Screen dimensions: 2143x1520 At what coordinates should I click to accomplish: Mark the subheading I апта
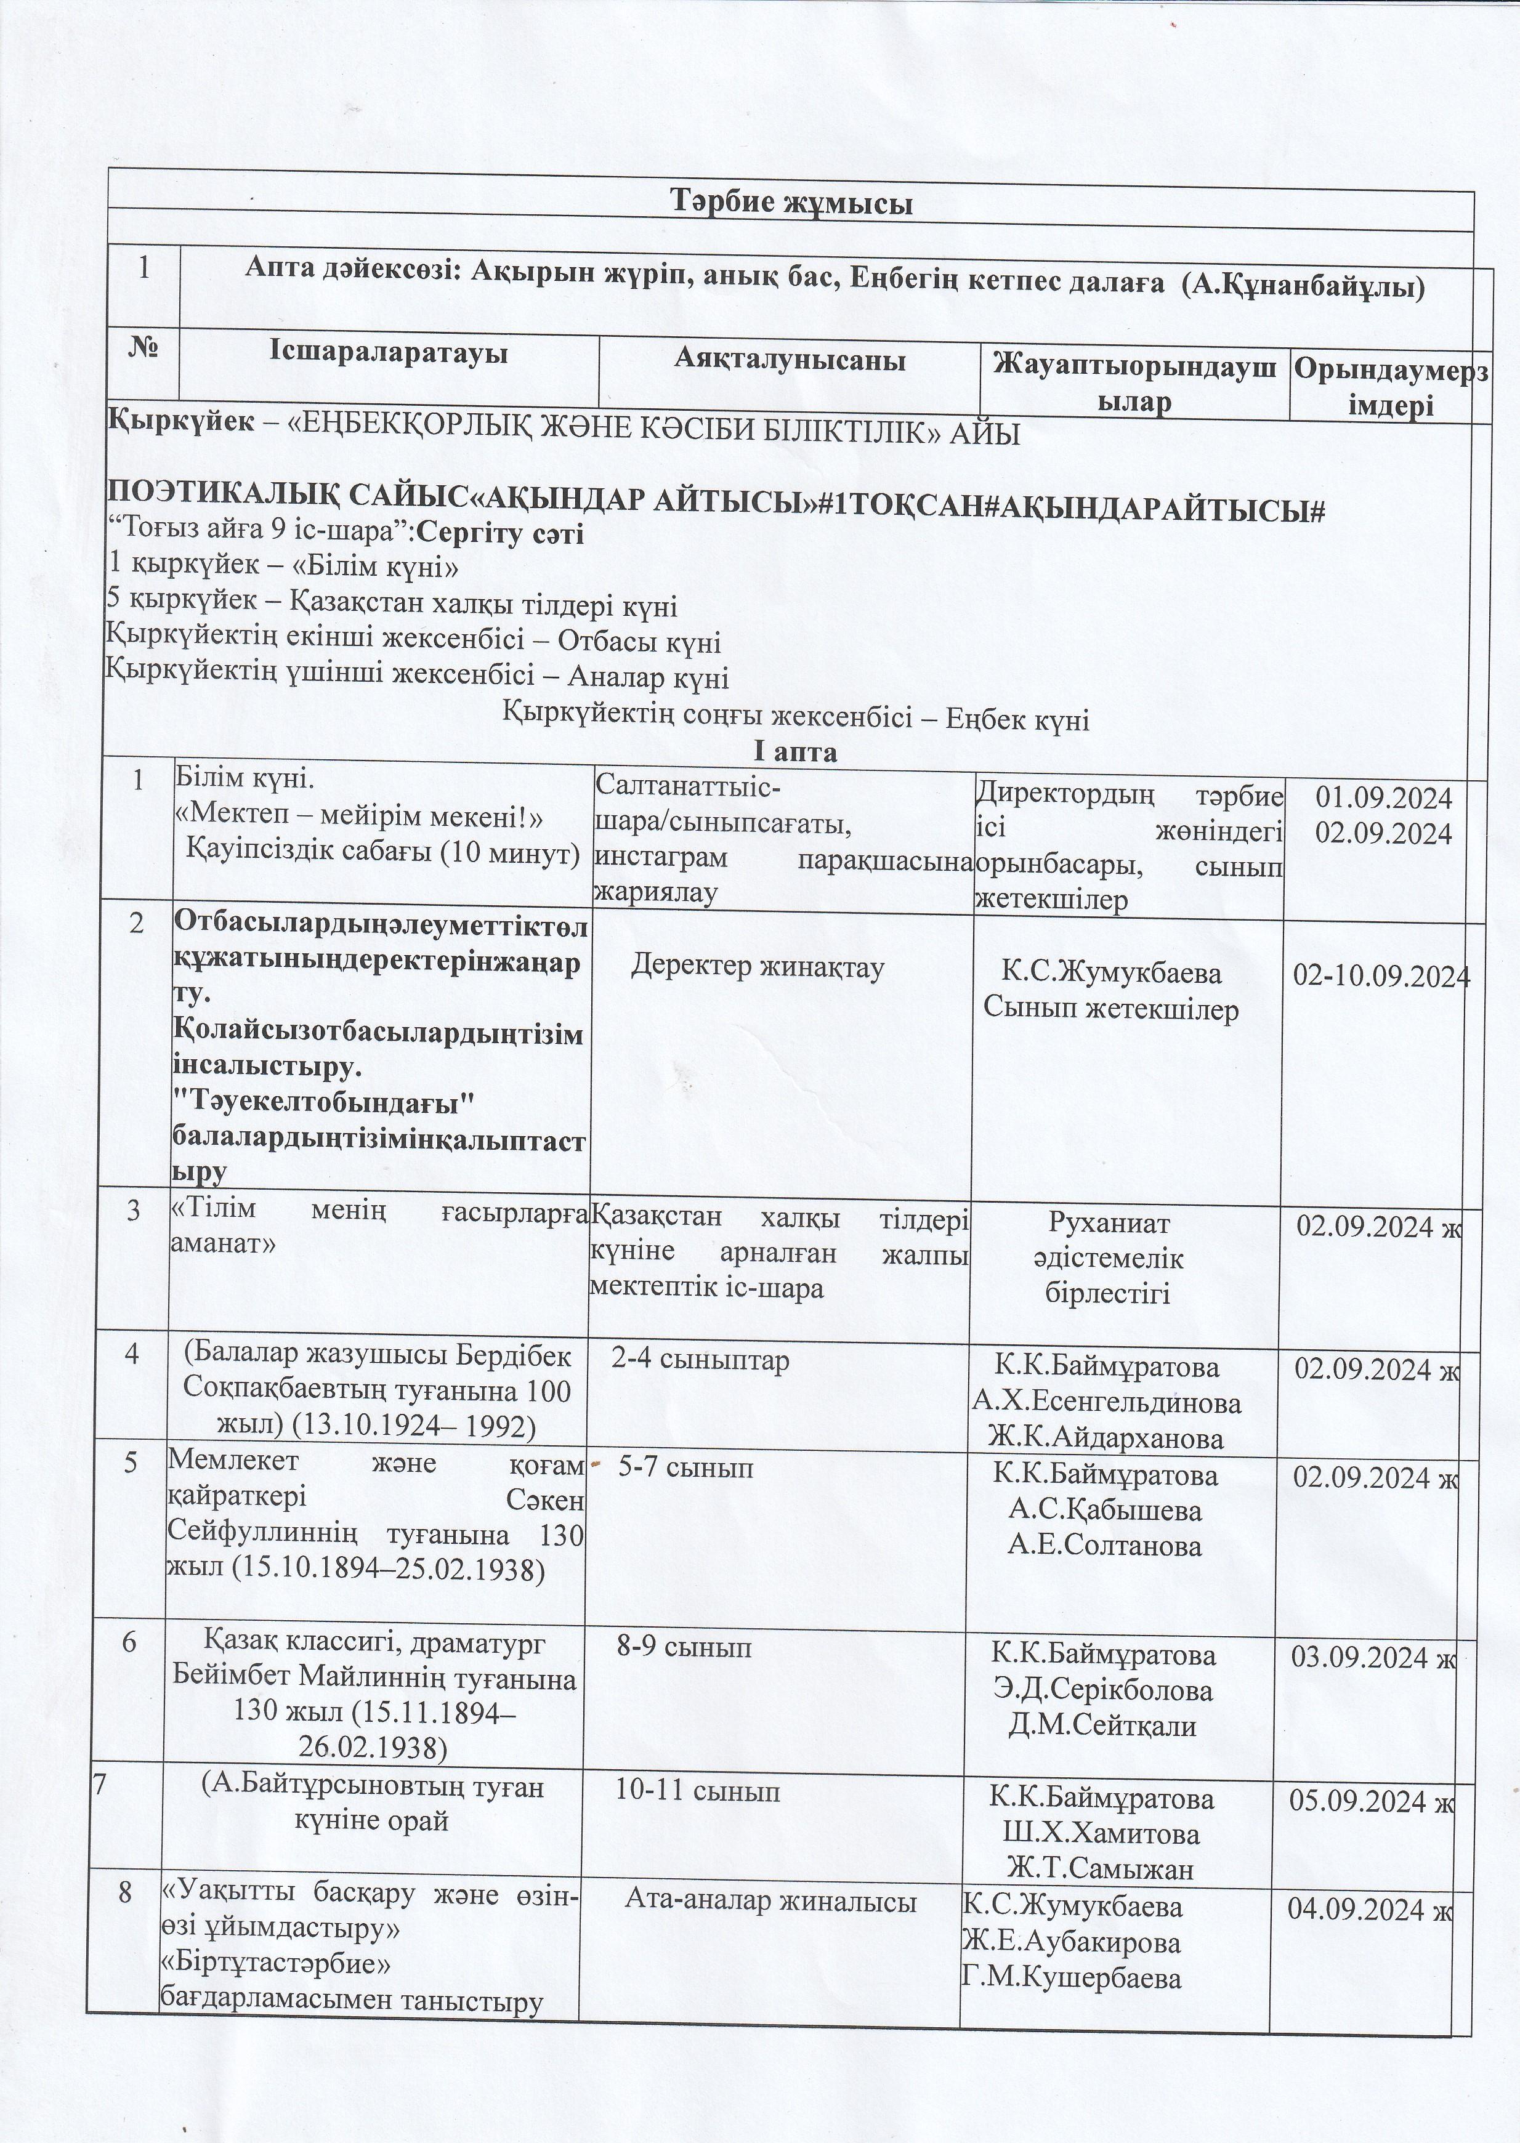(x=794, y=751)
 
